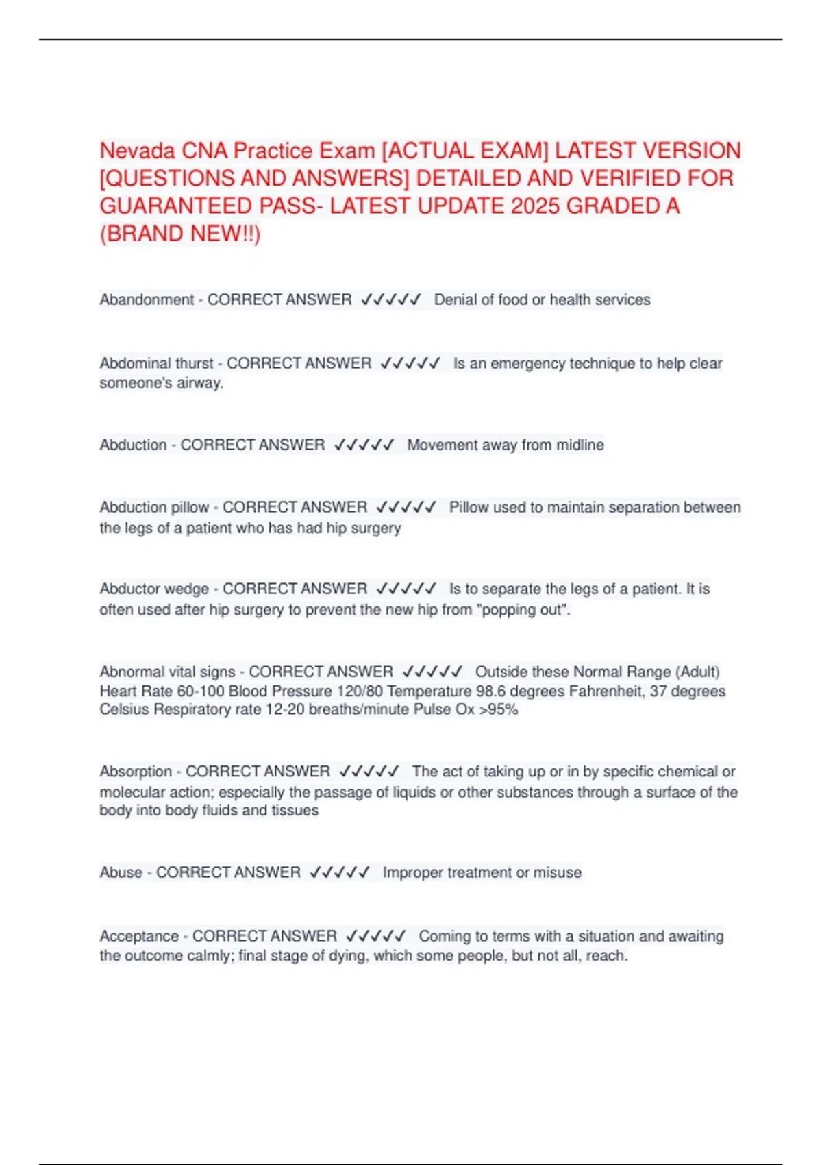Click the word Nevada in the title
point(137,151)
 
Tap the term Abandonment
point(147,299)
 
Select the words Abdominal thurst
point(156,363)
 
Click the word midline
point(580,445)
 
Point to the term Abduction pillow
point(154,507)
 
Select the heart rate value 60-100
point(200,691)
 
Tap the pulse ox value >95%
point(499,709)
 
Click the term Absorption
point(136,772)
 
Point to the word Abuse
point(121,872)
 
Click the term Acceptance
point(139,936)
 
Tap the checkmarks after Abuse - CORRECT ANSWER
point(340,872)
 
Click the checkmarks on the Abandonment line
point(391,299)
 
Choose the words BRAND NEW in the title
point(179,234)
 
